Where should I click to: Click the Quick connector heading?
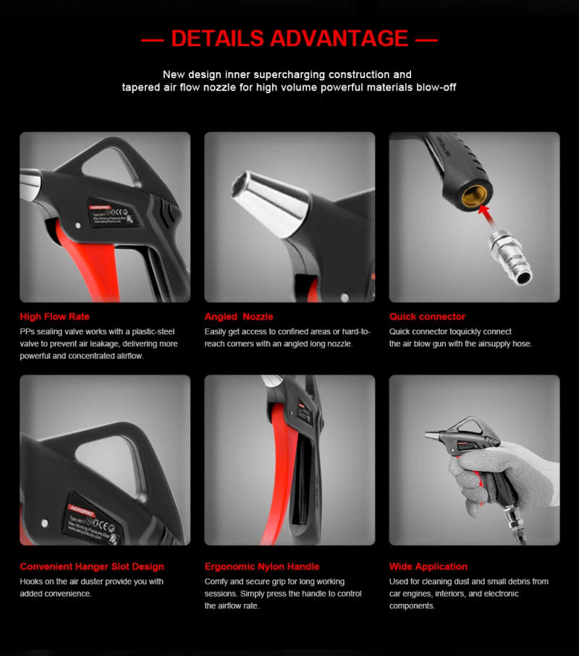pyautogui.click(x=427, y=317)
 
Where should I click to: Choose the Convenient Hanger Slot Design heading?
pyautogui.click(x=92, y=566)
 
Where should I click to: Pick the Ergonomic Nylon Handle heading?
pyautogui.click(x=261, y=566)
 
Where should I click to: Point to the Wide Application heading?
pyautogui.click(x=428, y=566)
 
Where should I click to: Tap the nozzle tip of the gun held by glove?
pyautogui.click(x=428, y=435)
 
